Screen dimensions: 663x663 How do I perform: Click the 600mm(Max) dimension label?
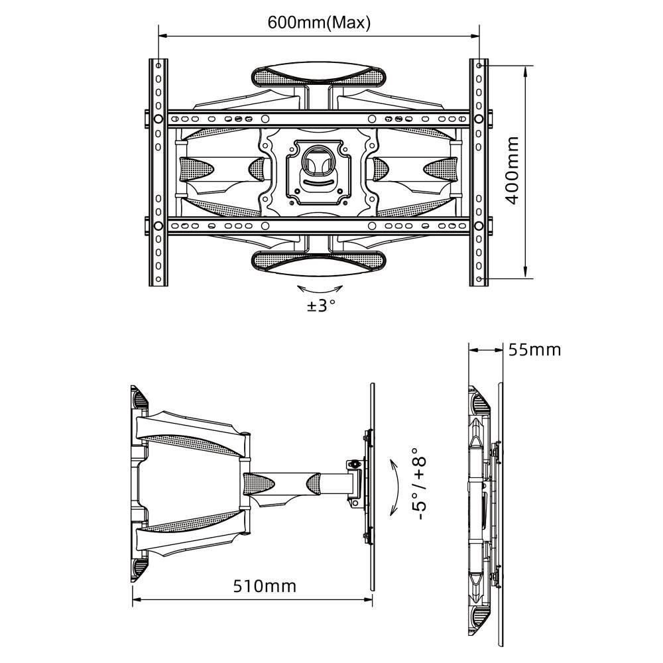(319, 23)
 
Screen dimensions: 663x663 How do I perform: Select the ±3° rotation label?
(322, 305)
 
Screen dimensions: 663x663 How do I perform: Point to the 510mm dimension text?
(265, 586)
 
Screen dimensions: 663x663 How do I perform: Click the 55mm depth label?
(534, 350)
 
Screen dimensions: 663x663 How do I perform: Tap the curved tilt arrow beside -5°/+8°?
(395, 488)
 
